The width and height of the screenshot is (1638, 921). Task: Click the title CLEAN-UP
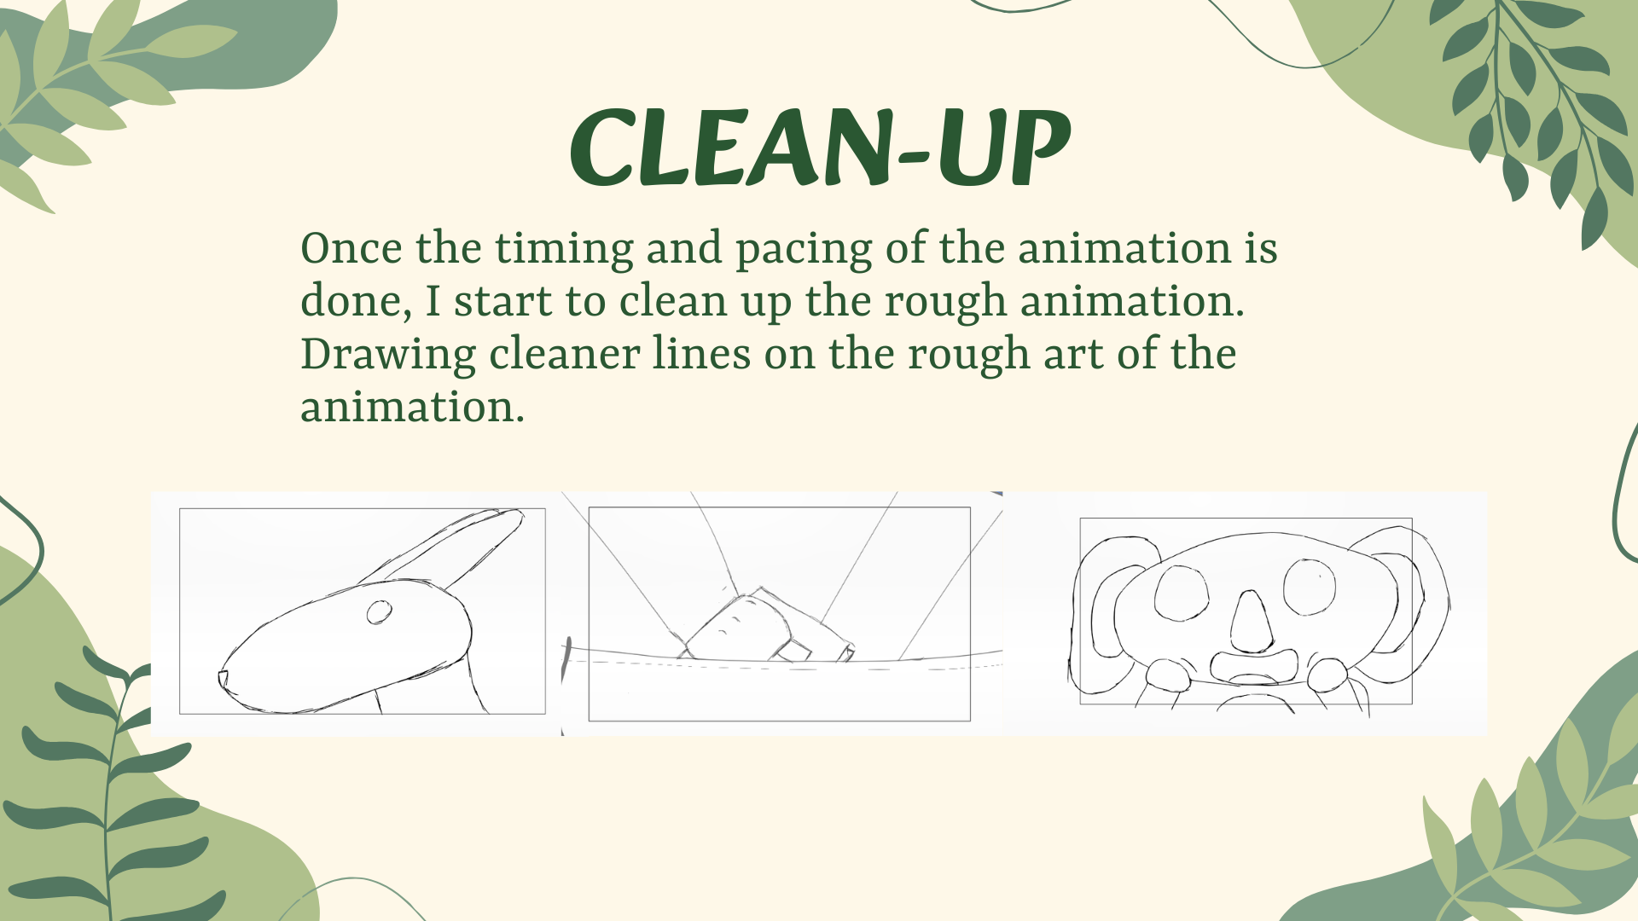[x=819, y=147]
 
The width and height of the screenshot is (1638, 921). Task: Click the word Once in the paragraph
[x=351, y=248]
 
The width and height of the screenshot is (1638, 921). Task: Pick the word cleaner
[x=565, y=355]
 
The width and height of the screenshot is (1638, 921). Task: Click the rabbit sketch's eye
[x=380, y=612]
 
